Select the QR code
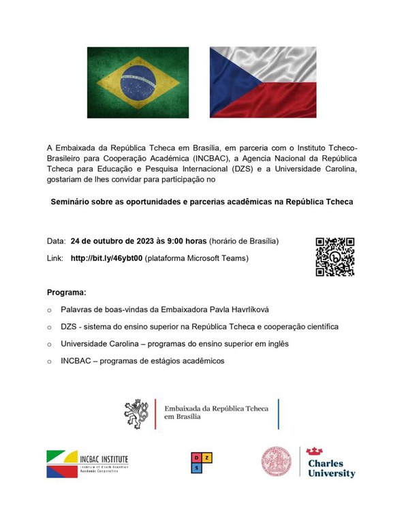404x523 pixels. pyautogui.click(x=335, y=257)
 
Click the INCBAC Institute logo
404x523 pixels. pyautogui.click(x=87, y=464)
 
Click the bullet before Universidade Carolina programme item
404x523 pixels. pyautogui.click(x=49, y=345)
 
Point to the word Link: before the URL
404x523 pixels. pyautogui.click(x=55, y=259)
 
